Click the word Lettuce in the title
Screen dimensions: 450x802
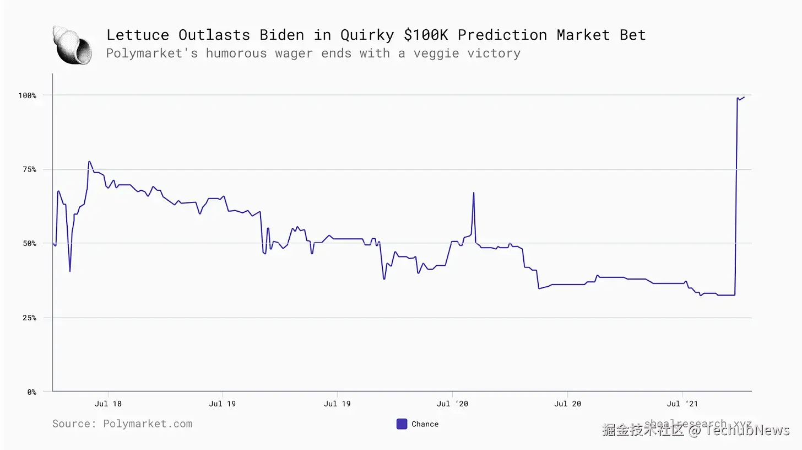coord(138,35)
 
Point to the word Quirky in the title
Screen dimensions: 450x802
coord(367,35)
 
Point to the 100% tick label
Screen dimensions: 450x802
coord(27,95)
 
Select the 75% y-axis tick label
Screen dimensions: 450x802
coord(29,169)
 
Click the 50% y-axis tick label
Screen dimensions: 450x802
coord(29,243)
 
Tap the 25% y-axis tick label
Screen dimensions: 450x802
coord(29,318)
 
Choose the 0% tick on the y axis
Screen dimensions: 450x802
coord(31,392)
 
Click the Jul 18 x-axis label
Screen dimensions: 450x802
coord(108,404)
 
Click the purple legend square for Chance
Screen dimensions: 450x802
coord(402,424)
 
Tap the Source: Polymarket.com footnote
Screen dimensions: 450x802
coord(122,424)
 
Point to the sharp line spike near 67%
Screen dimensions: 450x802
coord(473,193)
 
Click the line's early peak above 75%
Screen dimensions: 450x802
coord(89,162)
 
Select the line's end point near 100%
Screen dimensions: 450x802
coord(744,97)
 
